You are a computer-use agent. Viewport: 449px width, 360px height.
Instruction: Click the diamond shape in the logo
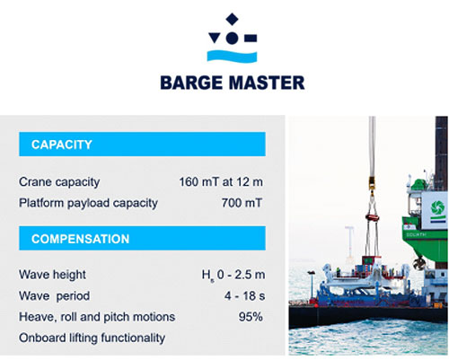click(x=232, y=19)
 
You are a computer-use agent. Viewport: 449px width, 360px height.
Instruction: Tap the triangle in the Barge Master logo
click(x=215, y=38)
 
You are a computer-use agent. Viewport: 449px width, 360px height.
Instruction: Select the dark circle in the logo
click(x=232, y=38)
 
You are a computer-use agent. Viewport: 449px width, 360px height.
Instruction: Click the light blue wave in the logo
click(x=232, y=57)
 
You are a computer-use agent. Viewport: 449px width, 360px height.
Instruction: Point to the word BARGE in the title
click(x=191, y=83)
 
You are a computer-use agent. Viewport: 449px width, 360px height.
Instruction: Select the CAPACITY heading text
click(x=62, y=145)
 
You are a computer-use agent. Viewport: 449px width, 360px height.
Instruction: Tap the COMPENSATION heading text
click(x=81, y=239)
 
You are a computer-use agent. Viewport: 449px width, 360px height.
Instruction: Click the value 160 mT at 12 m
click(x=221, y=182)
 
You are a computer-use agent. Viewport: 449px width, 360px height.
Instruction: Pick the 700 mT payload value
click(x=242, y=203)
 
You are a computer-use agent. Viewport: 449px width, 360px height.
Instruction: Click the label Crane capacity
click(x=59, y=182)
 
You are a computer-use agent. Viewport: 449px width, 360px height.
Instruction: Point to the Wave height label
click(x=52, y=275)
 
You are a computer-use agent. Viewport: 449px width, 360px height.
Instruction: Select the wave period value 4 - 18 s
click(x=244, y=296)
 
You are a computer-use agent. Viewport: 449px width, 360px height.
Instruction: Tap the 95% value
click(x=251, y=317)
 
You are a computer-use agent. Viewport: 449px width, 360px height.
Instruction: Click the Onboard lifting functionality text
click(x=92, y=338)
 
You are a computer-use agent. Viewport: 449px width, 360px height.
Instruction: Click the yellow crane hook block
click(x=372, y=182)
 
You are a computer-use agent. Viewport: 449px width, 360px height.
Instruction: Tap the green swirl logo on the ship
click(x=437, y=207)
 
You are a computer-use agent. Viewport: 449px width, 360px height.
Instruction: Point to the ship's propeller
click(x=418, y=263)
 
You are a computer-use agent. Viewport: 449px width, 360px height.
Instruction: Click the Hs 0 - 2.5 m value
click(x=233, y=275)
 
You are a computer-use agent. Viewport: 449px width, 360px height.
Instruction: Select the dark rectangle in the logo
click(x=251, y=38)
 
